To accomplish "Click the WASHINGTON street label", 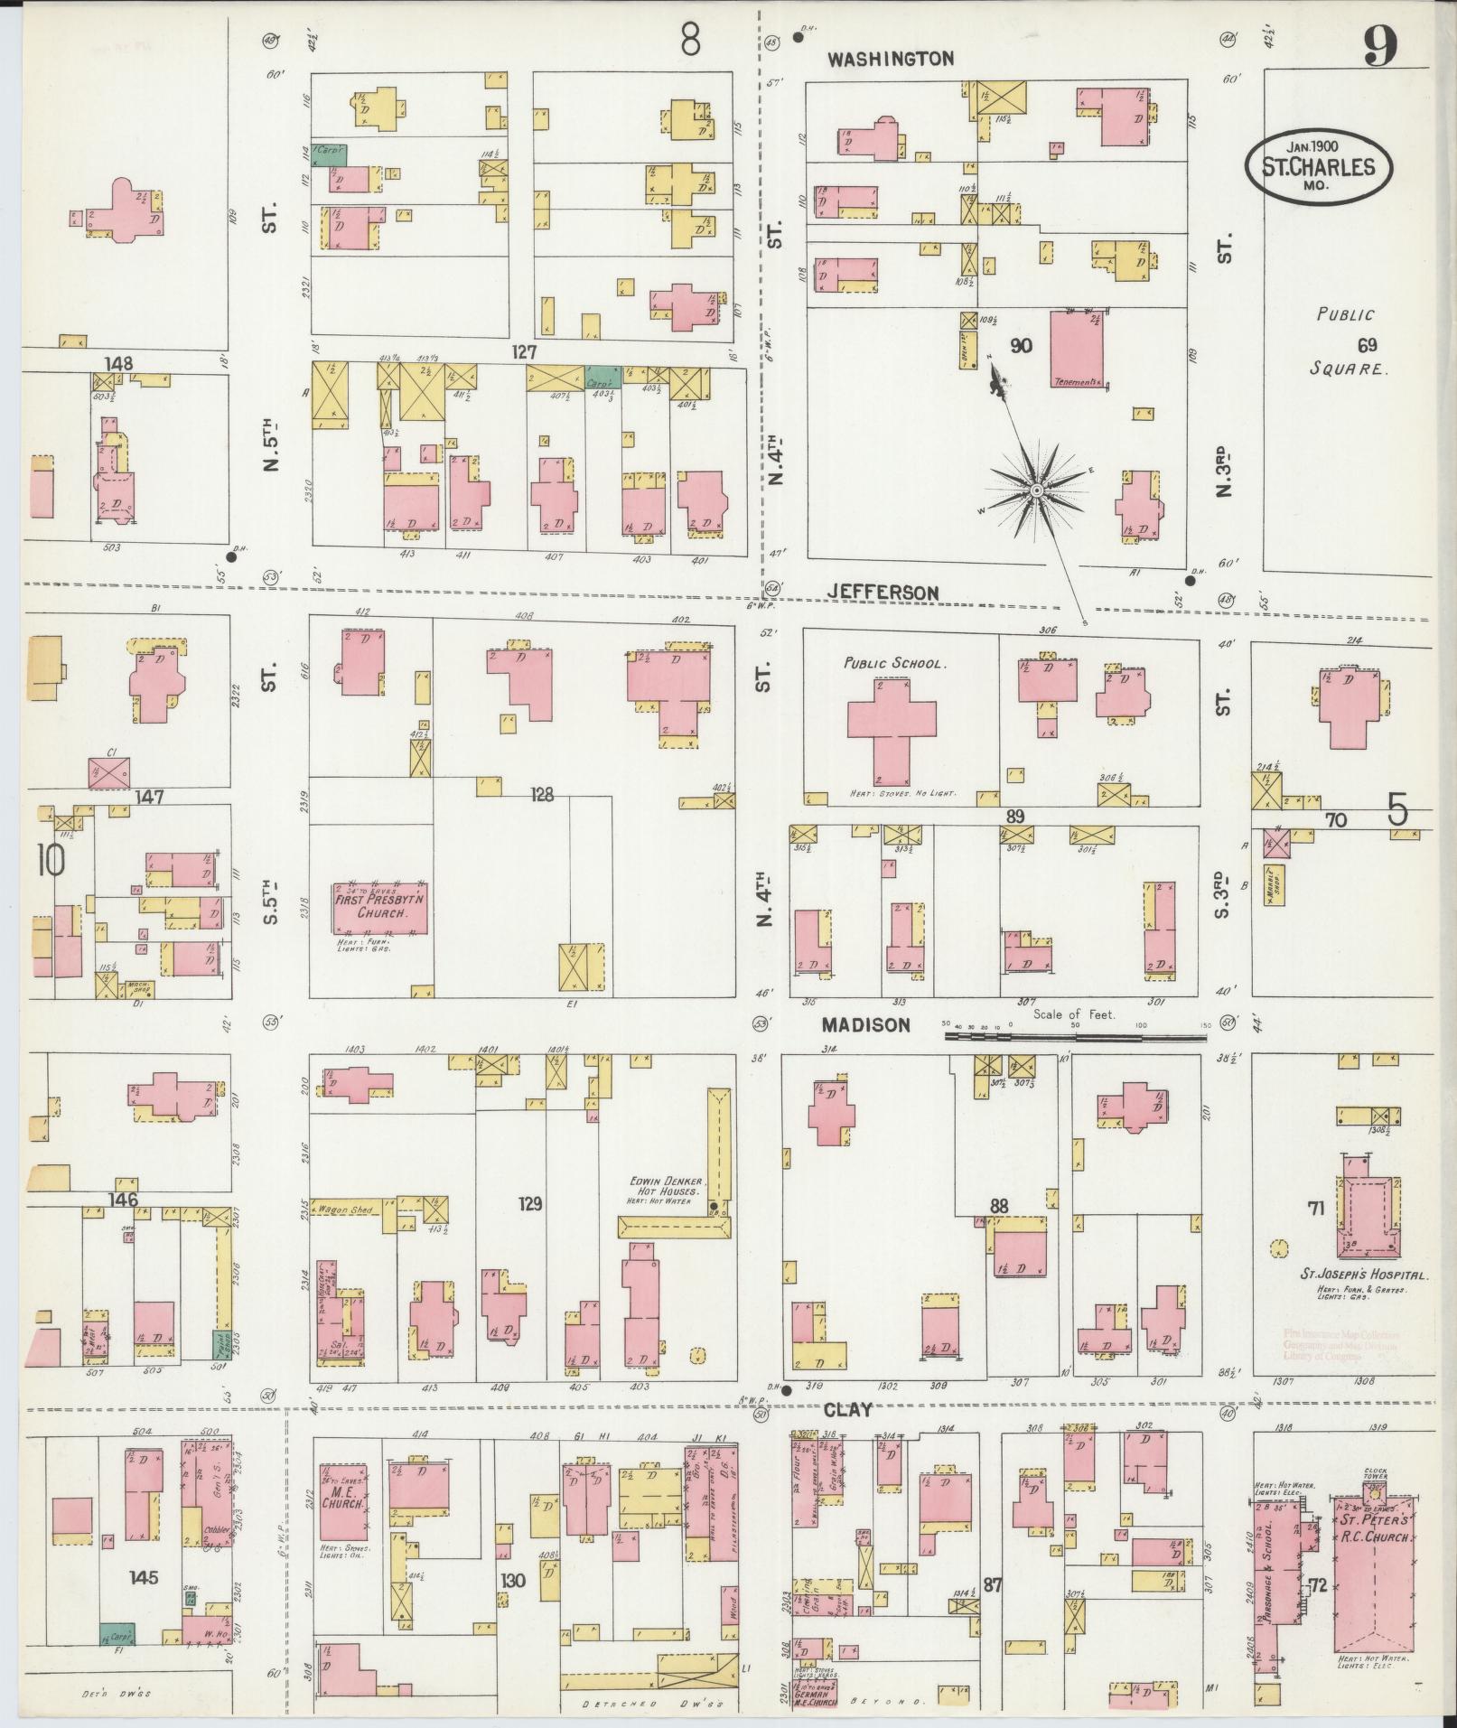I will (891, 59).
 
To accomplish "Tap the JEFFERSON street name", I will (883, 592).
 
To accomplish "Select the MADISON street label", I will (865, 1024).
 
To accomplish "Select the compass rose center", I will (1037, 490).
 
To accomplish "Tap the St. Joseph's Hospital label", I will (1363, 1275).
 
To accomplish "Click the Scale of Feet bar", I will (1075, 1037).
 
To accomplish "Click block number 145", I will (143, 1577).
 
